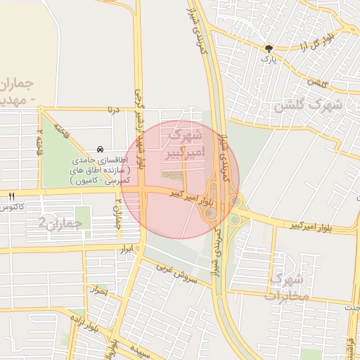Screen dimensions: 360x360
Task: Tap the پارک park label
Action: (266, 59)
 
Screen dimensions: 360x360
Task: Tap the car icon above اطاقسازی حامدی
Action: (101, 149)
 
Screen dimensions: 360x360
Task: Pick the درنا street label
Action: (112, 110)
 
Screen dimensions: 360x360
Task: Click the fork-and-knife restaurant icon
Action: (11, 195)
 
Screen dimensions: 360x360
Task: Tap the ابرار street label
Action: (127, 249)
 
